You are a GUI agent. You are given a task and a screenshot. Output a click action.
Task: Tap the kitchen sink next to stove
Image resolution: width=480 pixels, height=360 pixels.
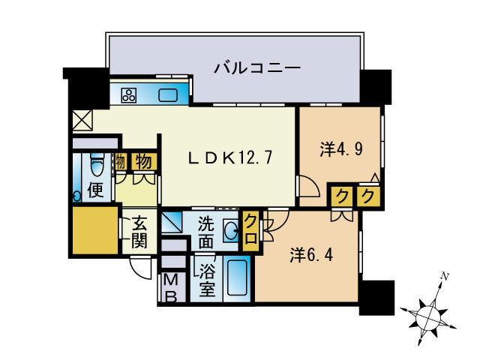tap(168, 95)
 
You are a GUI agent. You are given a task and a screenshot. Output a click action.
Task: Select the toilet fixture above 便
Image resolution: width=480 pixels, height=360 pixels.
tap(96, 163)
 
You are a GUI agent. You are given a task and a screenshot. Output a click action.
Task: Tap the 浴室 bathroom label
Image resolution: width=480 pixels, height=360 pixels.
tap(208, 278)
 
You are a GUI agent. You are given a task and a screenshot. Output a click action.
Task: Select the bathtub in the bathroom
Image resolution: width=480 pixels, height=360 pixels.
tap(238, 279)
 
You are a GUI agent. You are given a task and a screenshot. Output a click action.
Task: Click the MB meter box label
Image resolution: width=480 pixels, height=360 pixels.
tap(171, 288)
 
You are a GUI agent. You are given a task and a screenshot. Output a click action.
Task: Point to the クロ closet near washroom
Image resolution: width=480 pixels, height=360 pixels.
tap(250, 232)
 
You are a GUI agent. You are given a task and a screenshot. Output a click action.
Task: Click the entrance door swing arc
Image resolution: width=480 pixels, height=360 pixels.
tap(140, 265)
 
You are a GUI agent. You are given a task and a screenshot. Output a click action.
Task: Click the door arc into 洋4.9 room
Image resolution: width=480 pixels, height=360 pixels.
tap(307, 186)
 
